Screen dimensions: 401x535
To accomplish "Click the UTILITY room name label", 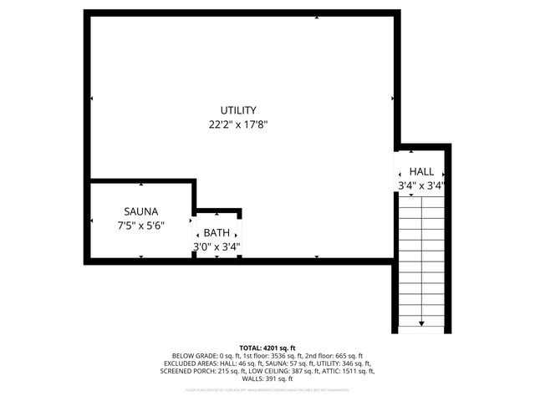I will point(238,110).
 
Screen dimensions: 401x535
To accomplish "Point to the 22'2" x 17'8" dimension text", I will point(238,124).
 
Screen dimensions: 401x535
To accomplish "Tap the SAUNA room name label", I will point(141,211).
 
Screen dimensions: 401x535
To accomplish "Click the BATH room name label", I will point(217,233).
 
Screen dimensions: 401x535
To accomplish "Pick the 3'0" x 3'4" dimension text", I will point(217,246).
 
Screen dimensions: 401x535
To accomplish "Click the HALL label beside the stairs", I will point(421,171).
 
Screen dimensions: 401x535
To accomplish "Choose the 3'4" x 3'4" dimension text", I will point(421,185).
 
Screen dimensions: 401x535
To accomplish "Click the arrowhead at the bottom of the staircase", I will point(421,322).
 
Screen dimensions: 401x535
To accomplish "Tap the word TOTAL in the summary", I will point(251,348).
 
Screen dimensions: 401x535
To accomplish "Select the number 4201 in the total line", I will point(273,348).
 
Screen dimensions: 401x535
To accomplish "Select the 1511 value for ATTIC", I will point(352,370).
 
